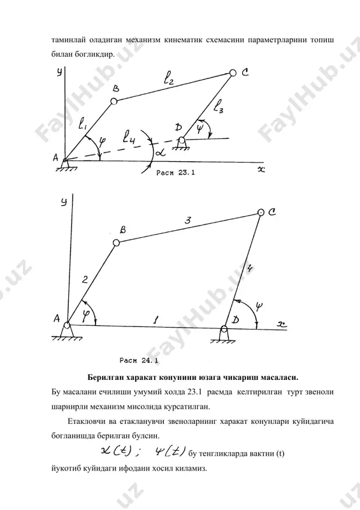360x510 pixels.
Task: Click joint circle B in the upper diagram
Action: click(114, 101)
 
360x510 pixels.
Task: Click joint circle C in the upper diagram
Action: click(233, 73)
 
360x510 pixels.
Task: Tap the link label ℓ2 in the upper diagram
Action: click(168, 78)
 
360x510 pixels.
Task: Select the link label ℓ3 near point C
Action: click(218, 106)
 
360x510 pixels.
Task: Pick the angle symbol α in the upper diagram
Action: click(161, 152)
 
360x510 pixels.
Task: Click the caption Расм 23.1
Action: click(176, 173)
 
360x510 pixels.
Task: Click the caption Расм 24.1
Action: click(139, 360)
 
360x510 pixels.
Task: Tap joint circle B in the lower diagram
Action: click(116, 243)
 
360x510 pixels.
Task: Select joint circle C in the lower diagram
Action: click(261, 212)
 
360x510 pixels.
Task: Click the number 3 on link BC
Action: click(187, 221)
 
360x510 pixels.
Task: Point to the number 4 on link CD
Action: click(249, 268)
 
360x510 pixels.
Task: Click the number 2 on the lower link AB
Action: click(85, 279)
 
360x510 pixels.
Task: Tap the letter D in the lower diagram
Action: click(236, 320)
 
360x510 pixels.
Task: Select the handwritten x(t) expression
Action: click(116, 452)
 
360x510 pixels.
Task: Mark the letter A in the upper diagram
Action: click(55, 157)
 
